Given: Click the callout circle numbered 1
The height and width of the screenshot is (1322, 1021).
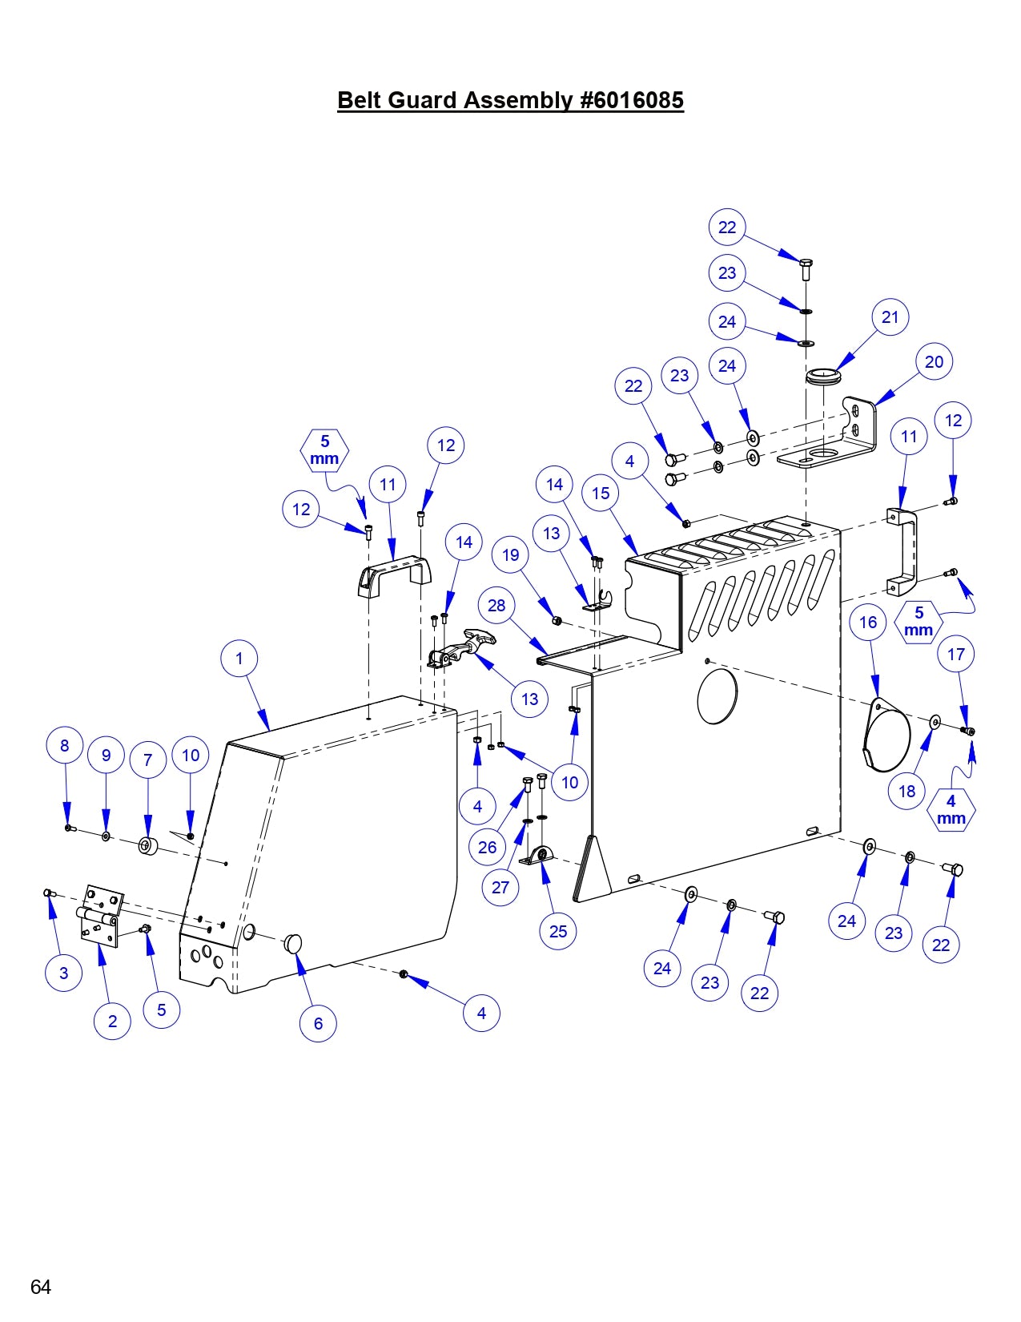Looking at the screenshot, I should tap(239, 659).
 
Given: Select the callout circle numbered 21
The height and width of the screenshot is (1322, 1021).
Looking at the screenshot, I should tap(890, 317).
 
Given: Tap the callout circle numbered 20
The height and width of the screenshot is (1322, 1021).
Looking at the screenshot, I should tap(934, 362).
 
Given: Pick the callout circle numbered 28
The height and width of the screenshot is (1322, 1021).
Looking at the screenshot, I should tap(496, 605).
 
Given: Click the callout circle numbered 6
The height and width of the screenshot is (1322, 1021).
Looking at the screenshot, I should tap(318, 1023).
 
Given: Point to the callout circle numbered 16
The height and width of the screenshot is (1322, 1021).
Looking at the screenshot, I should tap(868, 623).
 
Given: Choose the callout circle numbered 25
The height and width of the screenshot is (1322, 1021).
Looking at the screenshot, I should tap(558, 931).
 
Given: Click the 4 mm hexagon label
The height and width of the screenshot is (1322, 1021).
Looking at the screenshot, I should tap(951, 809).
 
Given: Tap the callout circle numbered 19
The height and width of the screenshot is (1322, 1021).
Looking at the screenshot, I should tap(511, 554).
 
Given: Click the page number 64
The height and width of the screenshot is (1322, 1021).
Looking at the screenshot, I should tap(41, 1287).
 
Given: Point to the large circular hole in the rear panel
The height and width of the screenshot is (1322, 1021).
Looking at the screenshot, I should tap(717, 695).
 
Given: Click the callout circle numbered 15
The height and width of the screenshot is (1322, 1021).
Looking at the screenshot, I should tap(601, 494).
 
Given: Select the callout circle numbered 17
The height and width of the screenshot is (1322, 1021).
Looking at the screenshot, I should tap(956, 655).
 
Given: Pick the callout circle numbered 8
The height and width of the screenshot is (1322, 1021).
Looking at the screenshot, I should tap(65, 745).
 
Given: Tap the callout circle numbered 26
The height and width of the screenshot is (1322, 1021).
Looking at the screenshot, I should tap(487, 847).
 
